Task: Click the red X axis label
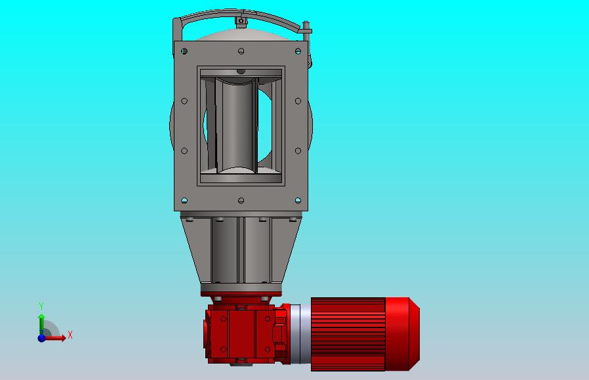point(70,335)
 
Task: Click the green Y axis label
point(41,306)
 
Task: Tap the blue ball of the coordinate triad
point(41,338)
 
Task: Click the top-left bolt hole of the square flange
point(184,51)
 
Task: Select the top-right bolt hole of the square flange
point(298,51)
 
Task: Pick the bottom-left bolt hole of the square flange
point(184,200)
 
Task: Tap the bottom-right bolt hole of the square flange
point(298,200)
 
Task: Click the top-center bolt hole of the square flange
point(241,51)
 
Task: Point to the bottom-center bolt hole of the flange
point(241,201)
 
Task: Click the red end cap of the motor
point(402,334)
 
